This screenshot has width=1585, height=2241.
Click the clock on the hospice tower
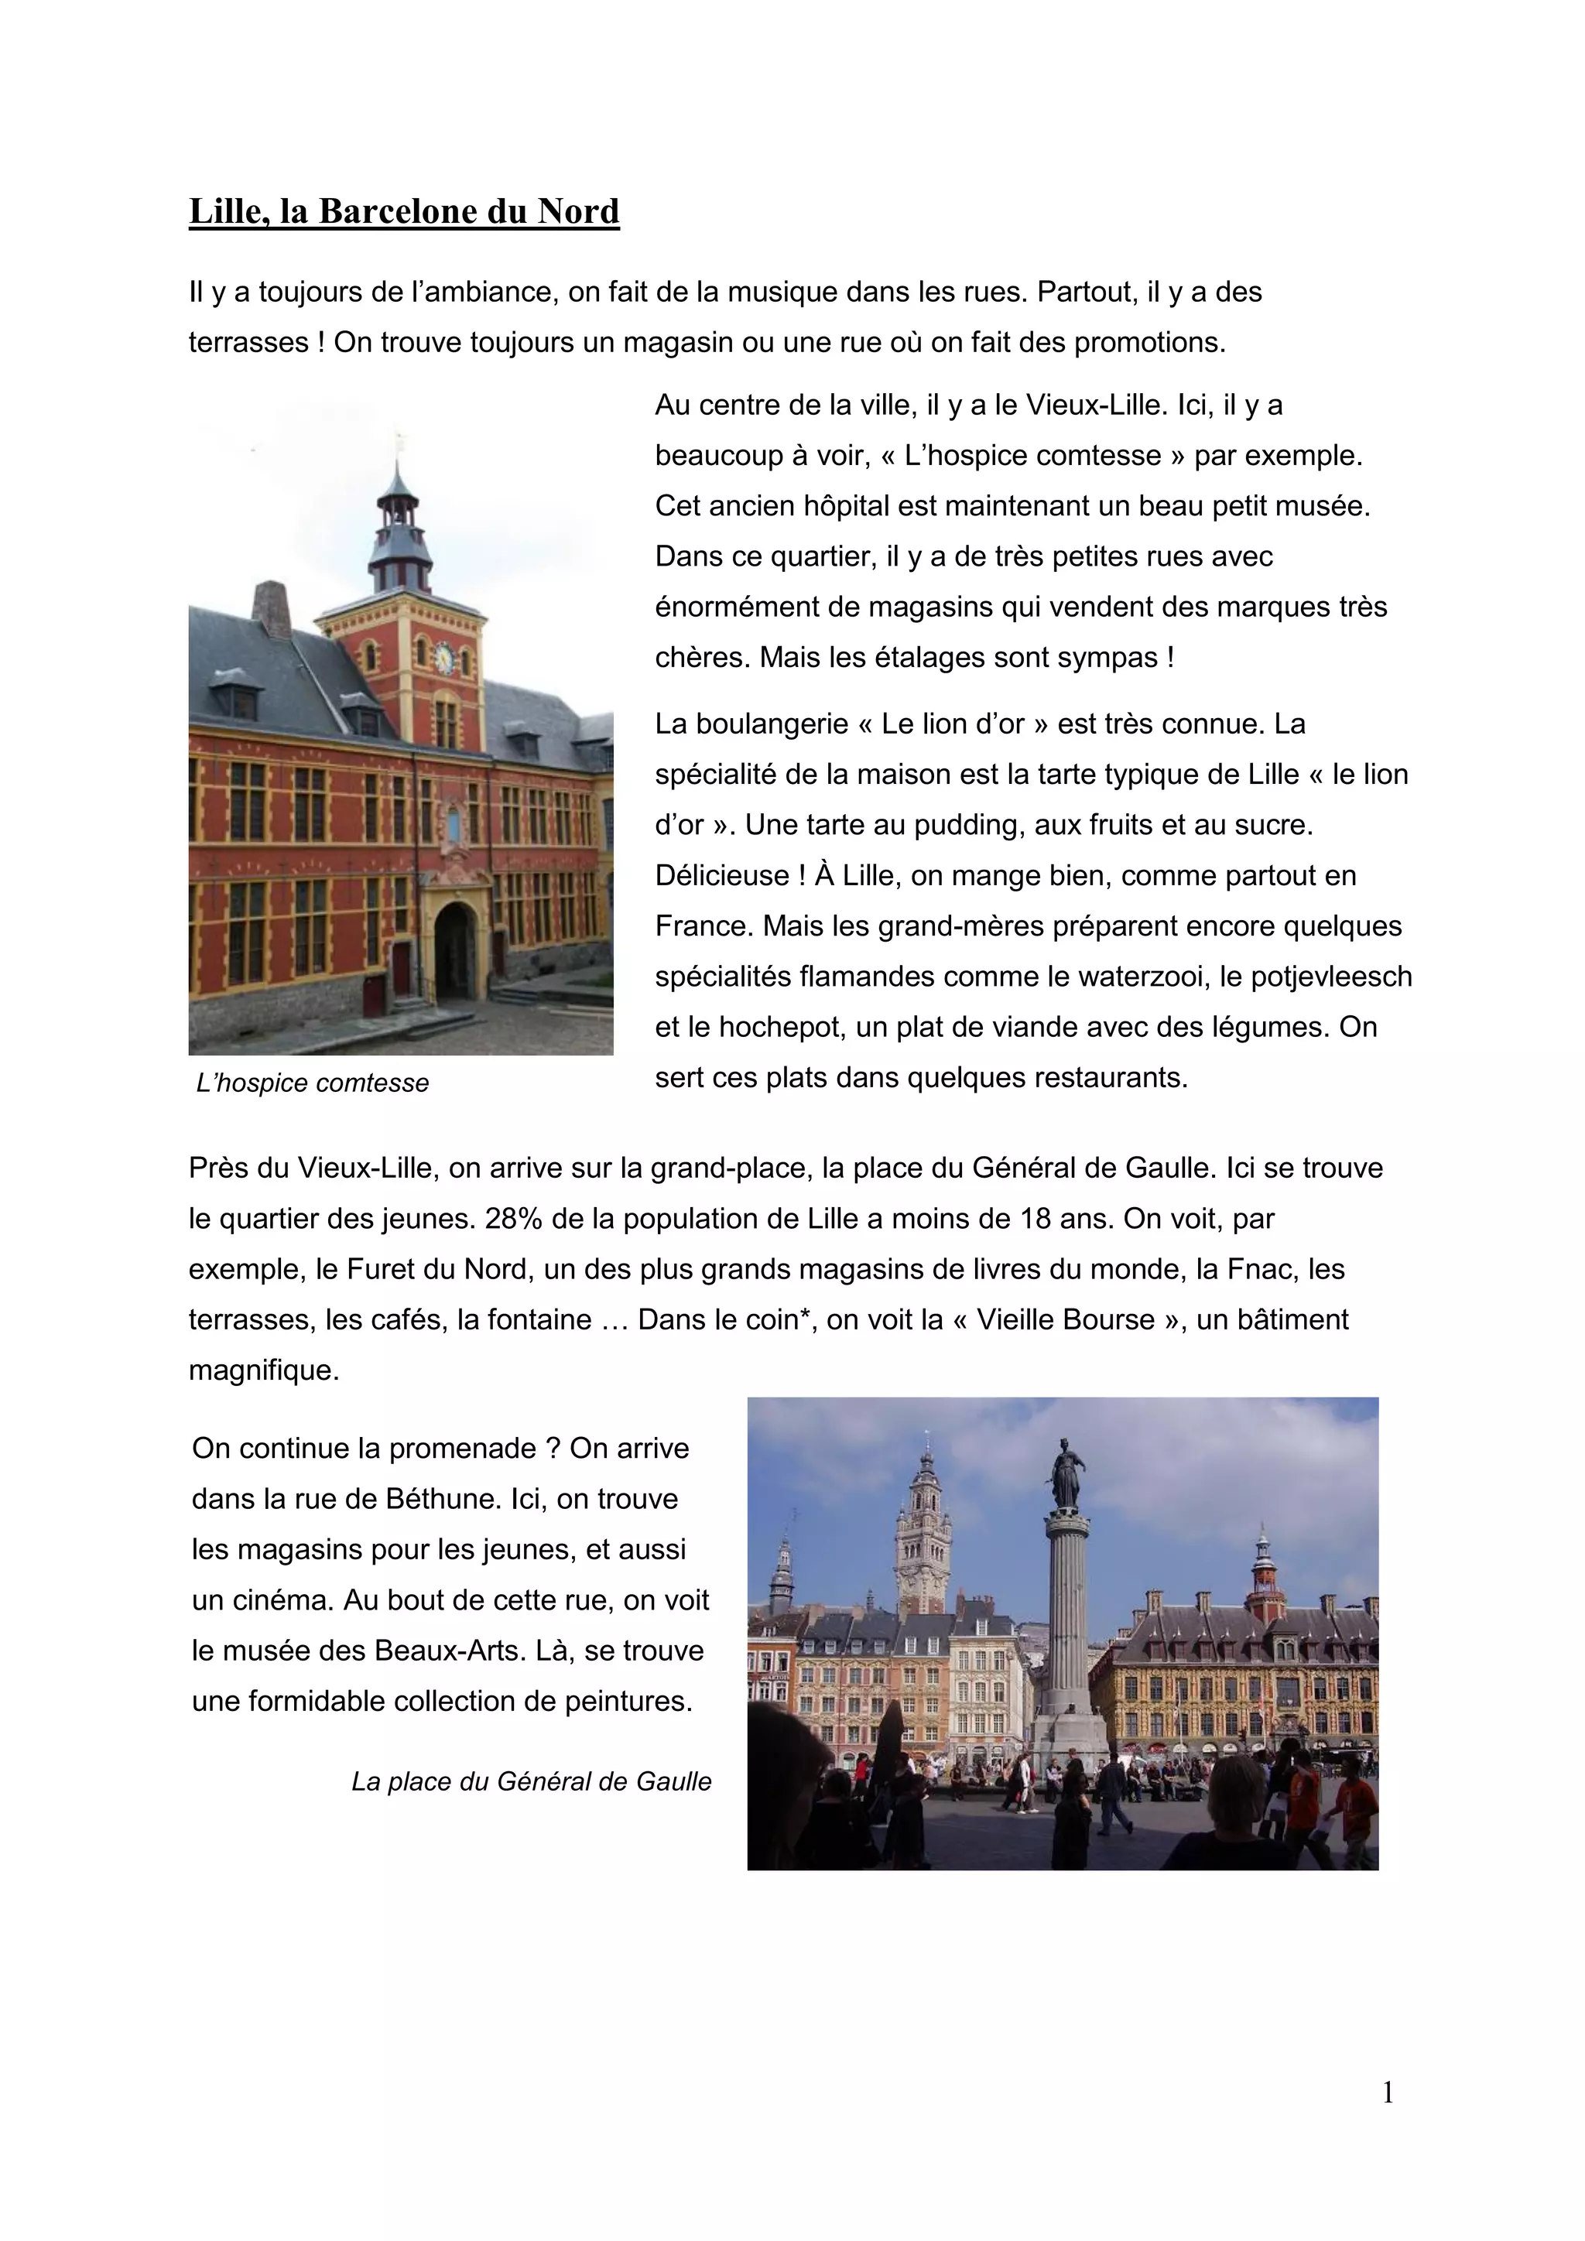tap(444, 658)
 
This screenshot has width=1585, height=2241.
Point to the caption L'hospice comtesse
tap(313, 1083)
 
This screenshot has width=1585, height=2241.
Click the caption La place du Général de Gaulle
tap(531, 1781)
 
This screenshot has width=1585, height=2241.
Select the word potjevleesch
tap(1330, 976)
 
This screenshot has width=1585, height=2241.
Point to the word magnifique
tap(263, 1370)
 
